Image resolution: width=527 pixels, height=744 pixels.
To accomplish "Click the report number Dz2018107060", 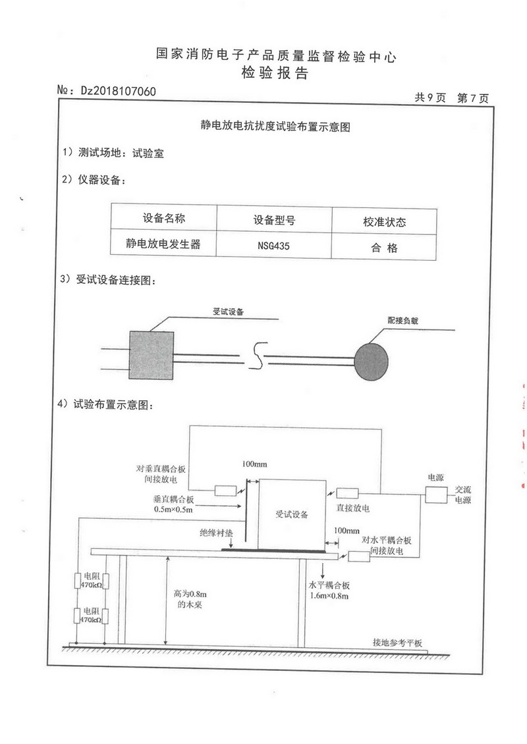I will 118,91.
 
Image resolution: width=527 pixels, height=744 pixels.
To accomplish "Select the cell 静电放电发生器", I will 163,245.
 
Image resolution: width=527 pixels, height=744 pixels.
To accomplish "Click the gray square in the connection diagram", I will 151,354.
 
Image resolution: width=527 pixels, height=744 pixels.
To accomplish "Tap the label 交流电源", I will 463,495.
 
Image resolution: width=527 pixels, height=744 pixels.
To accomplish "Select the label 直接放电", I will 353,508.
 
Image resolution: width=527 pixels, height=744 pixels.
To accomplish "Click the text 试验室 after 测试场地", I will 148,153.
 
